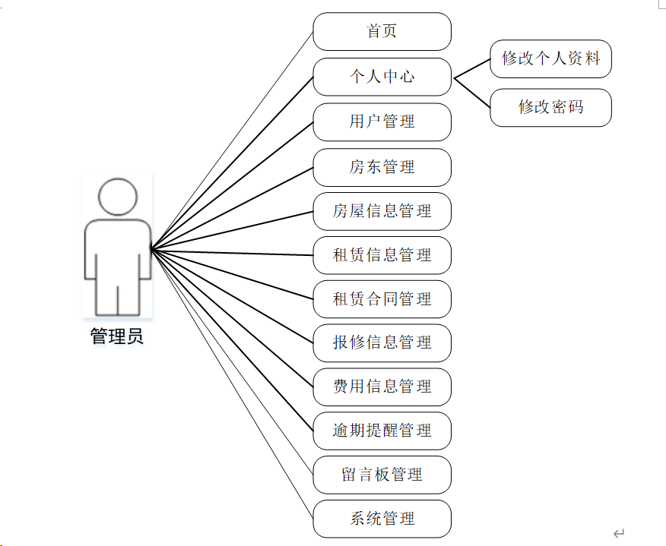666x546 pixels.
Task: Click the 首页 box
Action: [382, 32]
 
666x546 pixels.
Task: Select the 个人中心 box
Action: [382, 77]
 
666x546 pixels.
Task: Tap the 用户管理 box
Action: [382, 122]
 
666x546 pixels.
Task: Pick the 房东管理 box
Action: [382, 167]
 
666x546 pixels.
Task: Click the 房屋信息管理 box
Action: [382, 211]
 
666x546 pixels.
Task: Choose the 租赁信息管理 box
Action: [382, 255]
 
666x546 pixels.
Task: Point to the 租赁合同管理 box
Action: [382, 299]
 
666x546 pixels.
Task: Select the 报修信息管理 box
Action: [382, 342]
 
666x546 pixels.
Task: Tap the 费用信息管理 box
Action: [382, 387]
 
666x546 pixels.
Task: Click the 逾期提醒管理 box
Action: [382, 431]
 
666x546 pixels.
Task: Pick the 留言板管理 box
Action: [382, 475]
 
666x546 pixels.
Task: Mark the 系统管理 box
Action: [382, 519]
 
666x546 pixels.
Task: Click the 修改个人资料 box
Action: [550, 58]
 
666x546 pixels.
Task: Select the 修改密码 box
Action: [550, 107]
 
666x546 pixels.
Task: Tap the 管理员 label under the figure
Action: [117, 336]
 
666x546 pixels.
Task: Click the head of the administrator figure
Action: [118, 197]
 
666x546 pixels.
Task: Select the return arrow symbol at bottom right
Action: [619, 533]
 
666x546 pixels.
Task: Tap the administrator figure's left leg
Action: [106, 296]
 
